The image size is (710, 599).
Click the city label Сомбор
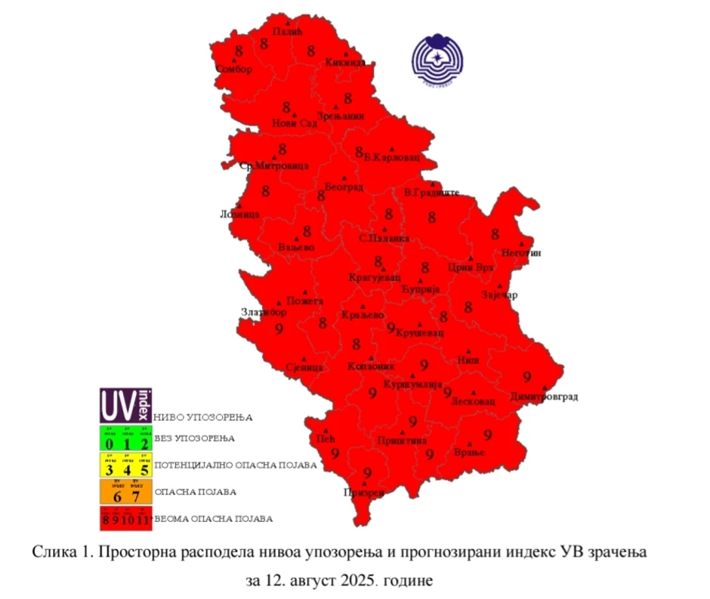tap(233, 69)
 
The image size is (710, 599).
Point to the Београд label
tap(344, 187)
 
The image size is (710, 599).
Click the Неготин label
tap(522, 253)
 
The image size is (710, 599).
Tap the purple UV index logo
tap(125, 406)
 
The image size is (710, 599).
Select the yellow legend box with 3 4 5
tap(125, 465)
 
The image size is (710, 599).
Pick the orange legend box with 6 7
tap(125, 492)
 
